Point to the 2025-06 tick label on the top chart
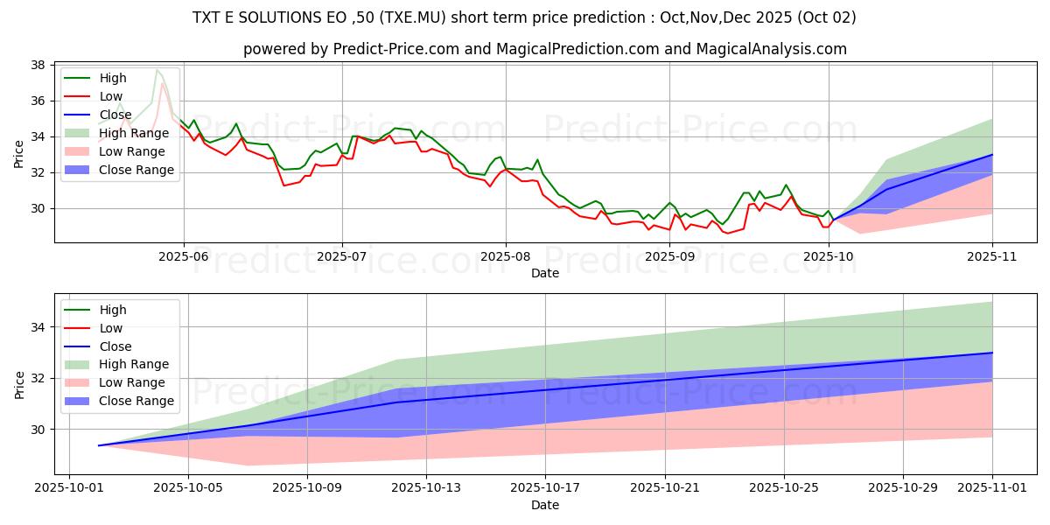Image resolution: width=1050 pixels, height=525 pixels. pos(183,256)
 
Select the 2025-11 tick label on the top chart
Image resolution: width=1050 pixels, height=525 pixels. pos(992,256)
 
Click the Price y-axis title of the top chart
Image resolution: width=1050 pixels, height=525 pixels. pos(19,154)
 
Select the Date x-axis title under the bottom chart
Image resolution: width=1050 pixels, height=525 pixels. pos(545,505)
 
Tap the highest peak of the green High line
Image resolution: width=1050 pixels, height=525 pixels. pos(157,69)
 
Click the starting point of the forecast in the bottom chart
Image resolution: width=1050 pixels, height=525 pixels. pos(99,445)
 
